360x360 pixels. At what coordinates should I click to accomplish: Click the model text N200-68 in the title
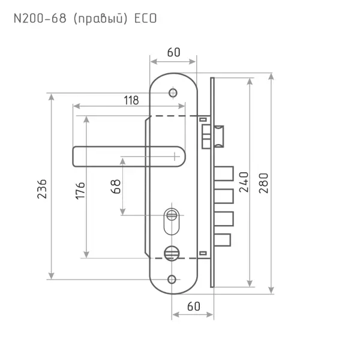(x=40, y=19)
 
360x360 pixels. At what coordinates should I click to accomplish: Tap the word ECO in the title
(x=145, y=19)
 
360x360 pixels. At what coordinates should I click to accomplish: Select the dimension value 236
(x=42, y=189)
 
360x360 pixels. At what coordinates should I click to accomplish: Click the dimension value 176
(x=80, y=191)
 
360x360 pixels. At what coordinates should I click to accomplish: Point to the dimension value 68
(x=116, y=187)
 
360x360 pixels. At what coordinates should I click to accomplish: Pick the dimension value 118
(x=131, y=100)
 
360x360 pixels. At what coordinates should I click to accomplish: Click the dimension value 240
(x=244, y=182)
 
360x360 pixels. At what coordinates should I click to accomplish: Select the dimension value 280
(x=263, y=183)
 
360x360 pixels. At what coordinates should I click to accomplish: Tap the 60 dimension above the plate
(x=173, y=52)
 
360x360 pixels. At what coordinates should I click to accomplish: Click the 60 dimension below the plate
(x=194, y=307)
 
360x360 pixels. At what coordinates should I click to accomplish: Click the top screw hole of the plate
(x=173, y=93)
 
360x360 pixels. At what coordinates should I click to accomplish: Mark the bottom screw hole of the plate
(x=172, y=280)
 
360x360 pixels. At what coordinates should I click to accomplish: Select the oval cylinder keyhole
(x=172, y=221)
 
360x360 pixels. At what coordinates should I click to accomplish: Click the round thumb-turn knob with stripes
(x=172, y=253)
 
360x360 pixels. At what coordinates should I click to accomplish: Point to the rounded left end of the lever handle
(x=74, y=157)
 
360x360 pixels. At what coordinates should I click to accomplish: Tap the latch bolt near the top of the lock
(x=218, y=136)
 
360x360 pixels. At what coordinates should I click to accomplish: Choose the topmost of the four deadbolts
(x=224, y=173)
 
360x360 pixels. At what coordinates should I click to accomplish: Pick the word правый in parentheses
(x=100, y=19)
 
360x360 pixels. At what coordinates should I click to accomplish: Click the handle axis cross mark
(x=175, y=157)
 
